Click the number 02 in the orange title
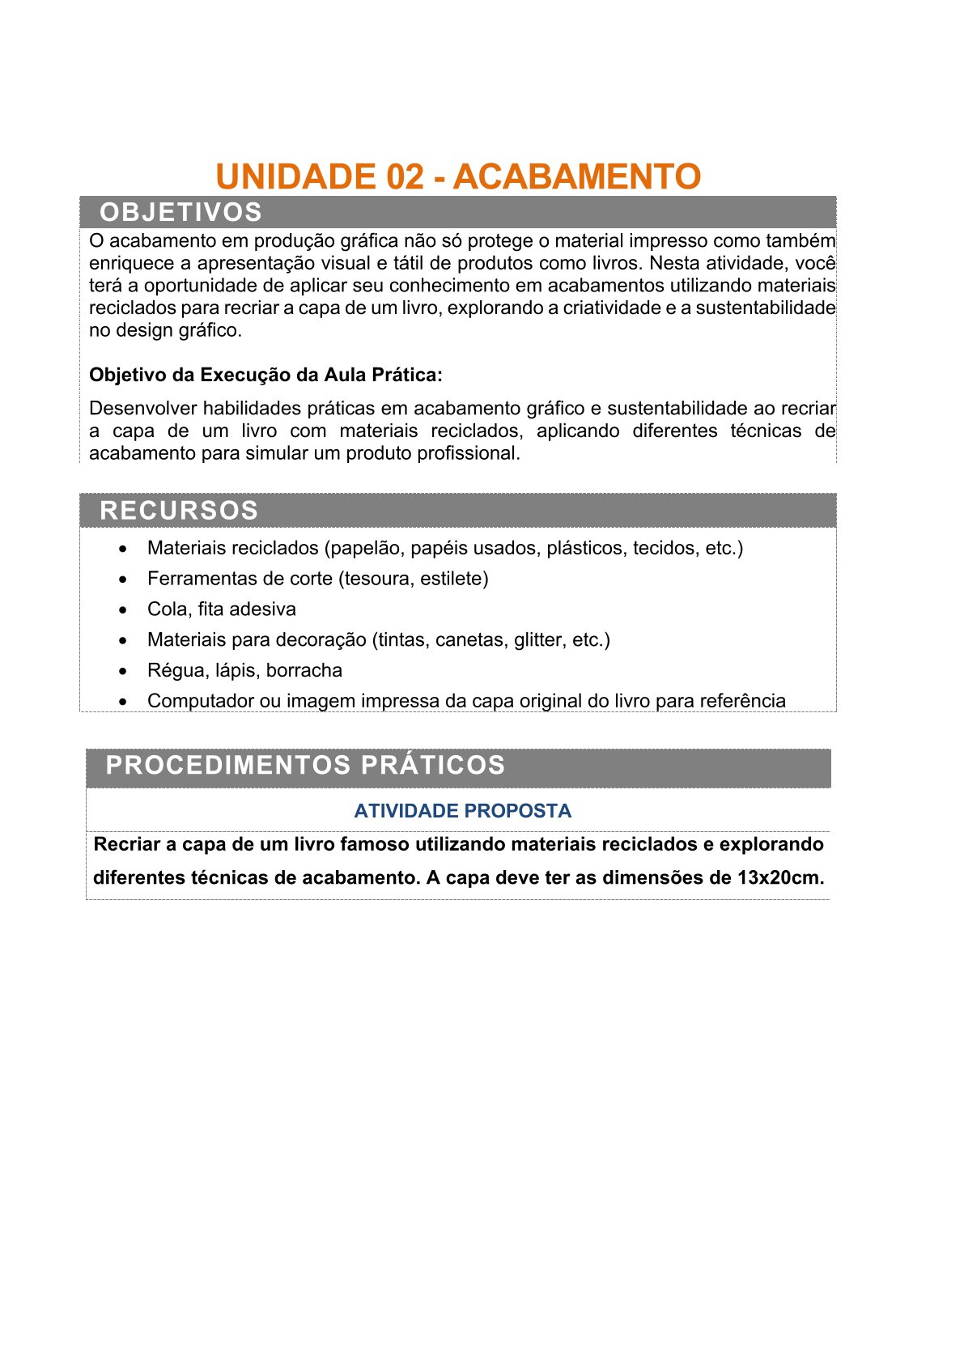406,176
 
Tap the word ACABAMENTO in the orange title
577,176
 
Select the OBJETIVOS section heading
180,212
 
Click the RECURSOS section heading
179,511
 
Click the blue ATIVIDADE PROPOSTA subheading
462,811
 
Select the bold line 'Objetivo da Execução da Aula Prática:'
265,375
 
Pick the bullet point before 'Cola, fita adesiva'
123,609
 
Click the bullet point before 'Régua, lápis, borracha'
123,671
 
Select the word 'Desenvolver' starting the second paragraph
143,408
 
